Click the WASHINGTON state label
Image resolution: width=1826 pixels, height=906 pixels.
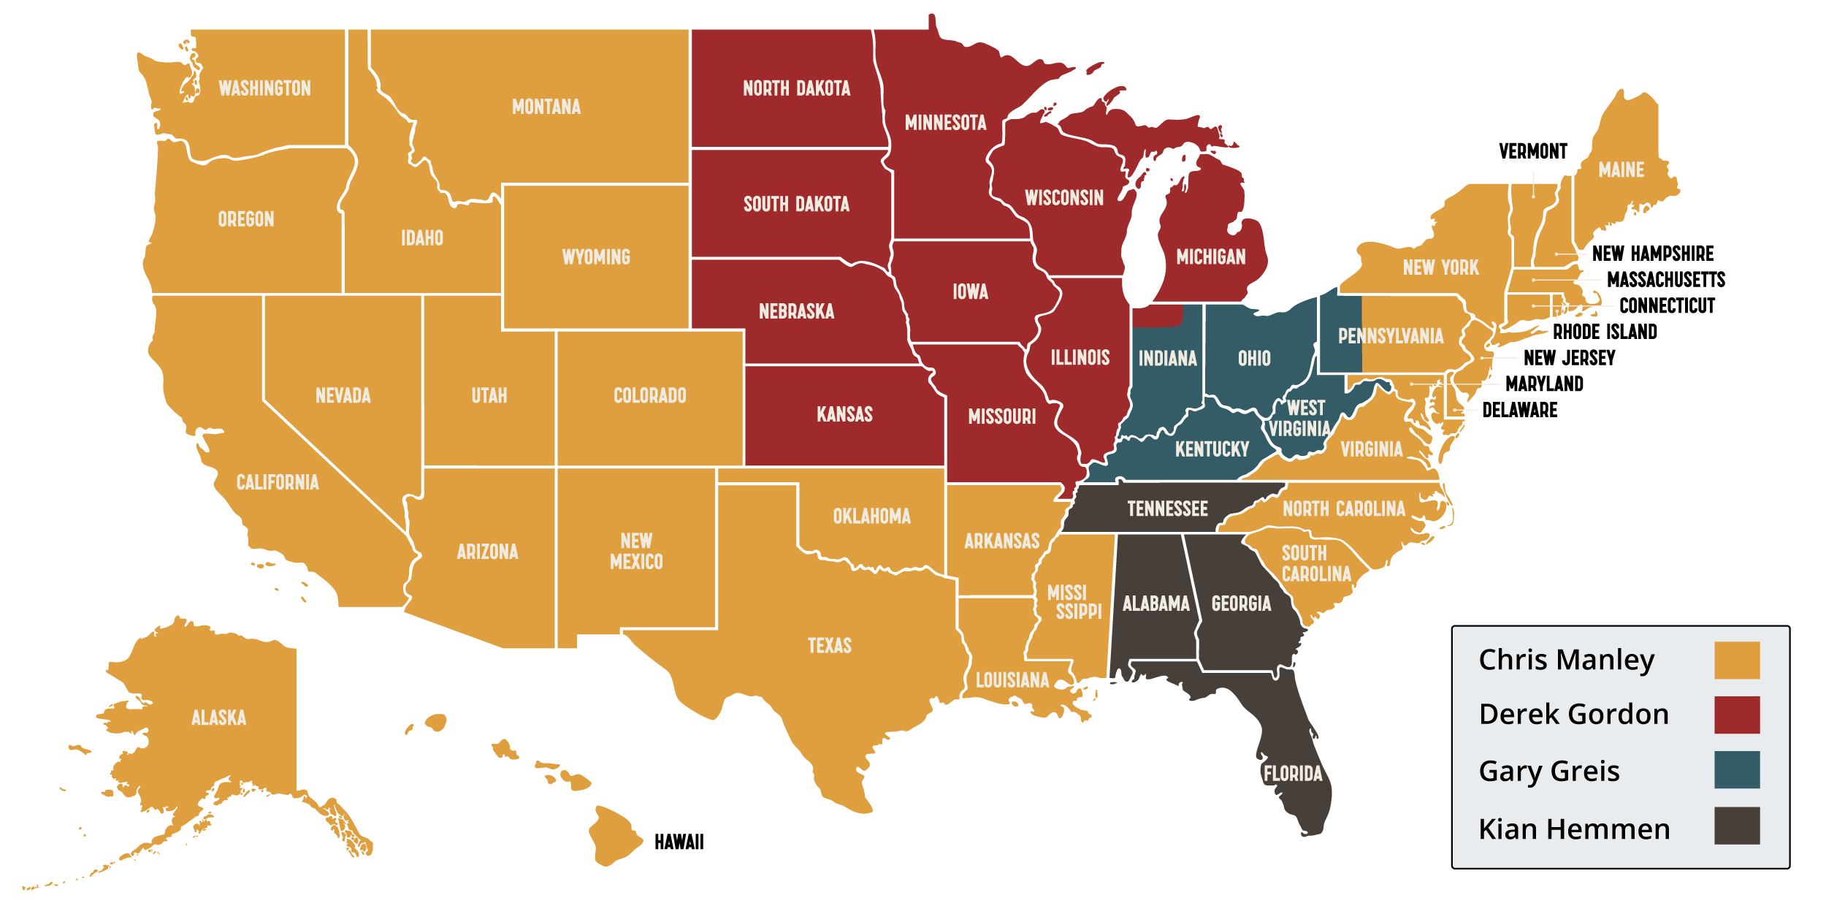point(264,88)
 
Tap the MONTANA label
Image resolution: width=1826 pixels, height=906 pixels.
point(546,107)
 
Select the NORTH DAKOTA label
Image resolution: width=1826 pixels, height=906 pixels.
point(796,88)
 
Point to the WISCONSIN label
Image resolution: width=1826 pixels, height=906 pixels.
point(1063,198)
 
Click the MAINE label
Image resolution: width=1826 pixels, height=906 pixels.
point(1621,170)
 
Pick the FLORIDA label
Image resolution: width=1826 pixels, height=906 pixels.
point(1292,774)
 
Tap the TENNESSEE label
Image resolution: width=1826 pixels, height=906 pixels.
point(1167,509)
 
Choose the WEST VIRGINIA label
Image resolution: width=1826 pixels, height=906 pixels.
point(1301,418)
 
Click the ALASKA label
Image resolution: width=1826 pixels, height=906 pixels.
point(218,717)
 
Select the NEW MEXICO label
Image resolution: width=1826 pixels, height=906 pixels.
point(636,551)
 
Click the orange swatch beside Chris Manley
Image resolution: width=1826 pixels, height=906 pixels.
point(1736,660)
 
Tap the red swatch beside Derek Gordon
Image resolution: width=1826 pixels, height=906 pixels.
point(1736,715)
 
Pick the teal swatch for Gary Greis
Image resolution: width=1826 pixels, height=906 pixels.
point(1736,769)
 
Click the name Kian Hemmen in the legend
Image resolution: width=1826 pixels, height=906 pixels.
point(1574,829)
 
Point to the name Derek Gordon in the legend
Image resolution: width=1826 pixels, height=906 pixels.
point(1573,715)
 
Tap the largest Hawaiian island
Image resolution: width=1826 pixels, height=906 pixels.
point(614,837)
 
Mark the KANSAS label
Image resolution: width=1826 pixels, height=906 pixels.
point(844,414)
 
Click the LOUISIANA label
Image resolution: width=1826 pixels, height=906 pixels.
point(1012,680)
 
